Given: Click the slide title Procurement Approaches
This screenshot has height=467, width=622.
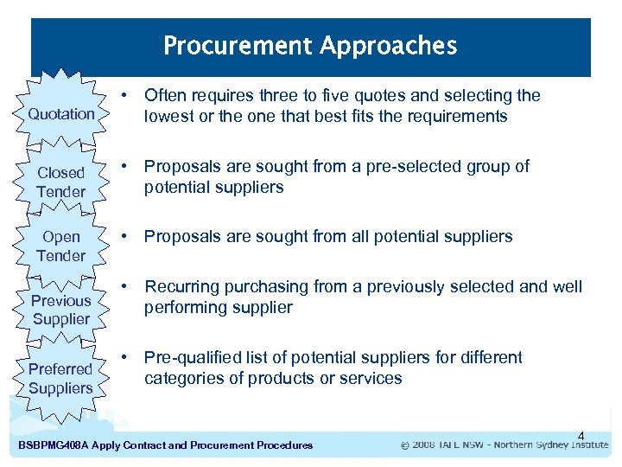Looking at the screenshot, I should coord(310,45).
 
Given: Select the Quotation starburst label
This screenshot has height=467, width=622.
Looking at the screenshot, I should coord(61,114).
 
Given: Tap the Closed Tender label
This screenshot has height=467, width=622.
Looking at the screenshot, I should coord(61,182).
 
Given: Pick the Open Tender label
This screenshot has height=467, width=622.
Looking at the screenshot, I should coord(61,246).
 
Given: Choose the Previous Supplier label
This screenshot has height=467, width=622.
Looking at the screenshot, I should coord(61,310).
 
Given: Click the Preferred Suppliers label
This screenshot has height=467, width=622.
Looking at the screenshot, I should coord(60,379).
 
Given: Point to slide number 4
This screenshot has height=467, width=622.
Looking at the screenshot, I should coord(581,435).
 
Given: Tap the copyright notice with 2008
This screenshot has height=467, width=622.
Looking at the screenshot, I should coord(505,445).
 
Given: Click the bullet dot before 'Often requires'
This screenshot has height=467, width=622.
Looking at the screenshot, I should coord(126,95).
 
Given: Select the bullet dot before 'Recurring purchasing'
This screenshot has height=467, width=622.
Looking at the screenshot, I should coord(126,287).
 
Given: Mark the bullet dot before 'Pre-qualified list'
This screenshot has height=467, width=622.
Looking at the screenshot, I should coord(126,358).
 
